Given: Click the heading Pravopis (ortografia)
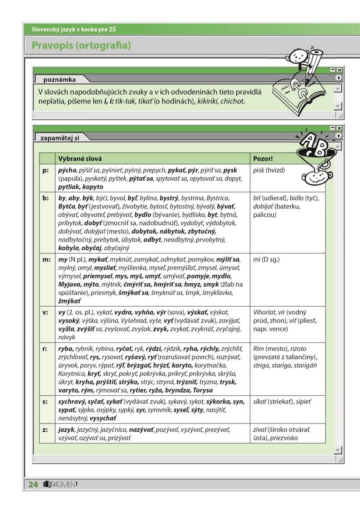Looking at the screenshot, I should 81,45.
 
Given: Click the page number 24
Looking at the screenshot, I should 33,485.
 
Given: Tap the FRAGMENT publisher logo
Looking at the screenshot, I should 60,485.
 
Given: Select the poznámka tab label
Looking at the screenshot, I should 59,79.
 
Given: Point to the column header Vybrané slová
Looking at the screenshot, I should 77,159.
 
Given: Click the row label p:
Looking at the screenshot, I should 46,170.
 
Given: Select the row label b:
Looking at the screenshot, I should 46,198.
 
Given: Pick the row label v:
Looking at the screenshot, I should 46,312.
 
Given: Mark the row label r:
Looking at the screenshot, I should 46,348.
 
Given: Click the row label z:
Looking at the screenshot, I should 46,429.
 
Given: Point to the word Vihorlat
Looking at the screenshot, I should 266,312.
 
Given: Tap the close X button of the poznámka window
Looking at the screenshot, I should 340,70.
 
